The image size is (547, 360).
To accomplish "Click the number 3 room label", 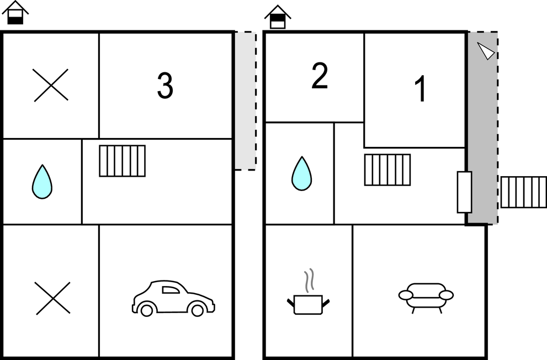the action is click(165, 86).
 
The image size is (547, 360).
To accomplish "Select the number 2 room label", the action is click(320, 76).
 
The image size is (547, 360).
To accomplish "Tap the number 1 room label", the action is click(421, 88).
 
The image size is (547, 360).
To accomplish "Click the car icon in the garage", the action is click(173, 298).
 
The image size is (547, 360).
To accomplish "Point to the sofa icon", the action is click(426, 298).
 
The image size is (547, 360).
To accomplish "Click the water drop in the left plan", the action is click(42, 182).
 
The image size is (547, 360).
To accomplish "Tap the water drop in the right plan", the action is click(302, 173).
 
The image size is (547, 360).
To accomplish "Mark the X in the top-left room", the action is click(51, 86).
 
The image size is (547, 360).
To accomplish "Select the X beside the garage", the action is click(52, 298).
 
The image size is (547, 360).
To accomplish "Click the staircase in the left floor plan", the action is click(123, 161).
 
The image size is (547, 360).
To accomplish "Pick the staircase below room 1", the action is click(387, 170).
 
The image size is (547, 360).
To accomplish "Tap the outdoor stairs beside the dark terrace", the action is click(524, 192).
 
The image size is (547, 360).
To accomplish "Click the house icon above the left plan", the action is click(15, 13).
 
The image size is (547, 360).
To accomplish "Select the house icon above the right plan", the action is click(278, 17).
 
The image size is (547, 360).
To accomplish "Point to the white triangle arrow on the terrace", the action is click(486, 51).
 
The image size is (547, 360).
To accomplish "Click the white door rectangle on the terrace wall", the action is click(465, 192).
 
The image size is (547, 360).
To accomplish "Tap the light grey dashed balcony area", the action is click(246, 101).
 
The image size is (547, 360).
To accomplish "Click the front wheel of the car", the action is click(146, 310).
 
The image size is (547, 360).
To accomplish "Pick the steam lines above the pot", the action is click(309, 280).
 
